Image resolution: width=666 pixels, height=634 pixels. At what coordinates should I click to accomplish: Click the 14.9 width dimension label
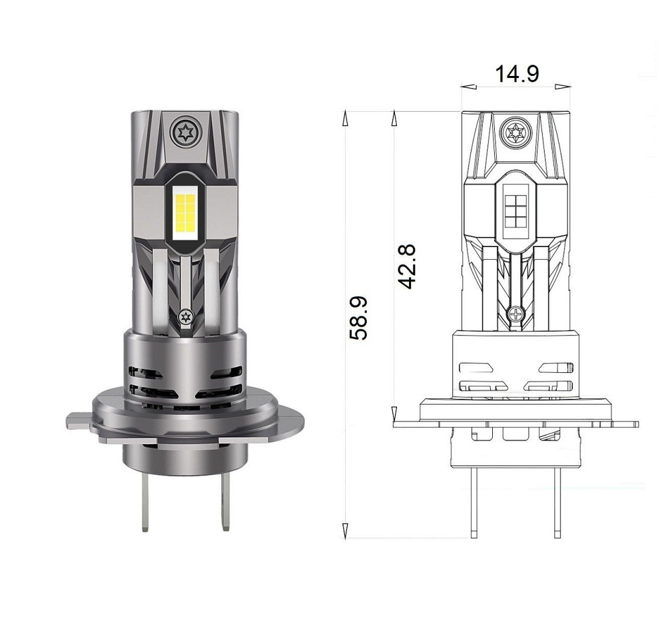click(516, 74)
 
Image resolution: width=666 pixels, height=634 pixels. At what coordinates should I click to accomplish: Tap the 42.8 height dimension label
click(406, 266)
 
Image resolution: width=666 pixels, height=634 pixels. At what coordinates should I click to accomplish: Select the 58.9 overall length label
click(359, 318)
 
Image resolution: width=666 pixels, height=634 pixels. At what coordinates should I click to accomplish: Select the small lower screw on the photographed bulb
click(184, 316)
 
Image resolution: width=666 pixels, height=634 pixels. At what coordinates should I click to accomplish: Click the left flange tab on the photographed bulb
click(79, 421)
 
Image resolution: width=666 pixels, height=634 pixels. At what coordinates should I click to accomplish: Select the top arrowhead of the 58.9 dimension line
click(345, 118)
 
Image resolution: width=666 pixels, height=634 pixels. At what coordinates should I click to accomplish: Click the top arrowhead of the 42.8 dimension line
click(394, 118)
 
